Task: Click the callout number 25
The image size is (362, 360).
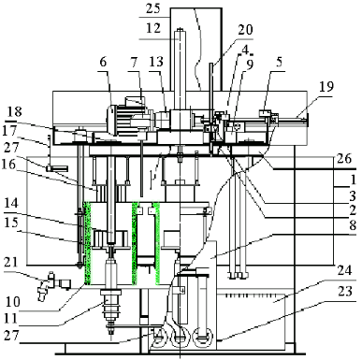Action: (x=153, y=8)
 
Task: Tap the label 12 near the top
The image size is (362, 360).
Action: (x=153, y=28)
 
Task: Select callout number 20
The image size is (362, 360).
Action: (x=245, y=30)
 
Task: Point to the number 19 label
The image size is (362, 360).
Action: (x=326, y=86)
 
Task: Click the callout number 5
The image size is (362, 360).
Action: (x=279, y=62)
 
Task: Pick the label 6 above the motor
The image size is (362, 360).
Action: (x=103, y=62)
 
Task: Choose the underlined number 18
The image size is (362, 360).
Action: (x=13, y=111)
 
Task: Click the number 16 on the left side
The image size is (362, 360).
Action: (x=9, y=164)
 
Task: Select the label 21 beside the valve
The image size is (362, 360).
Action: (x=11, y=262)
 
